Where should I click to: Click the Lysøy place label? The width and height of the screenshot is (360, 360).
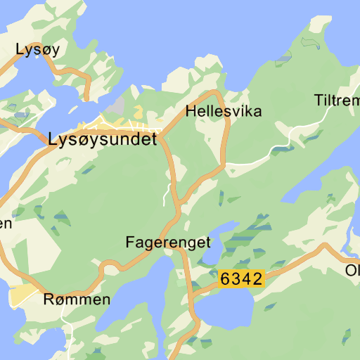37,49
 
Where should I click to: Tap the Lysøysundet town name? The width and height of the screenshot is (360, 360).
103,140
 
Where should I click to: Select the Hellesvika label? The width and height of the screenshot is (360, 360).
224,111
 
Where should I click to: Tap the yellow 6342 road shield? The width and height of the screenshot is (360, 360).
241,278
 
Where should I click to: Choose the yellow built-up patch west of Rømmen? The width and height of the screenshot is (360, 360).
24,296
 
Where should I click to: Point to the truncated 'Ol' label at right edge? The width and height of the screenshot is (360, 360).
352,270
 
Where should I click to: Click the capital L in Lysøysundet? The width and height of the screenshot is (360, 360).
53,139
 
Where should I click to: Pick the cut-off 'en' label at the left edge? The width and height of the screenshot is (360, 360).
6,224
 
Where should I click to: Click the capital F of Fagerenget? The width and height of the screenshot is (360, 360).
130,243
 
